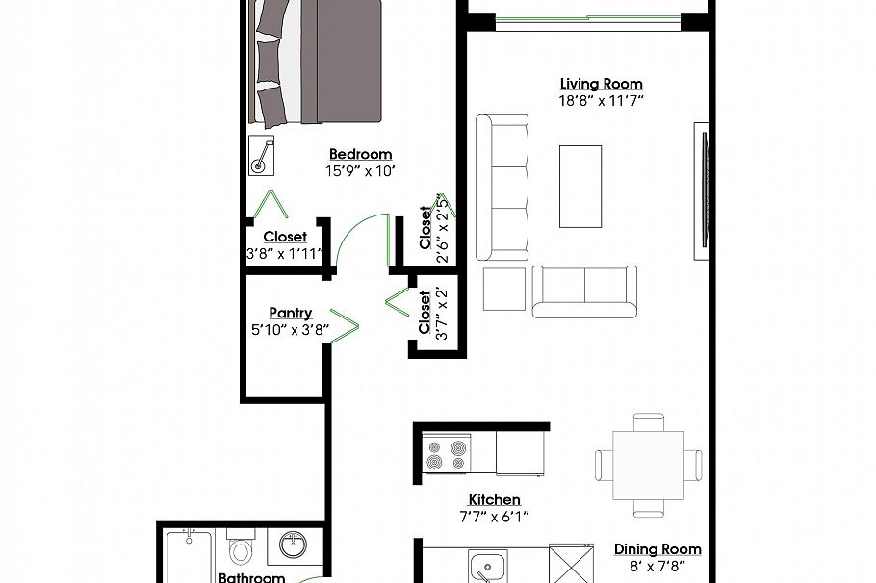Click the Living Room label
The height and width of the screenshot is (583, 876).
[x=602, y=84]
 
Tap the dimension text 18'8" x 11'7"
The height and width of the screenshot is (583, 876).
[x=602, y=100]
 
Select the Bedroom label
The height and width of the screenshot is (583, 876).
[x=360, y=154]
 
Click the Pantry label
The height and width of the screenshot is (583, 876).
[x=290, y=313]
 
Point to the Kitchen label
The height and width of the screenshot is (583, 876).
[x=494, y=499]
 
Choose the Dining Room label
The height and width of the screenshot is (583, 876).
[x=657, y=549]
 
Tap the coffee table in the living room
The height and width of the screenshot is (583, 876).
[x=580, y=187]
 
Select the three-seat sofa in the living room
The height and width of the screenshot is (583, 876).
[x=502, y=188]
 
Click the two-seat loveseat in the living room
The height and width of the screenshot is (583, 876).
[x=584, y=291]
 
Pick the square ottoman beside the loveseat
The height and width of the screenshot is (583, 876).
[x=503, y=289]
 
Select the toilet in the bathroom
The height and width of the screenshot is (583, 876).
[x=240, y=549]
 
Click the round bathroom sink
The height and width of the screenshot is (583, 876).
[x=292, y=545]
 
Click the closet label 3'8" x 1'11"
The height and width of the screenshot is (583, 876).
[x=284, y=254]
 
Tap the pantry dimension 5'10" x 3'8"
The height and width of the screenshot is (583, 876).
[x=290, y=329]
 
